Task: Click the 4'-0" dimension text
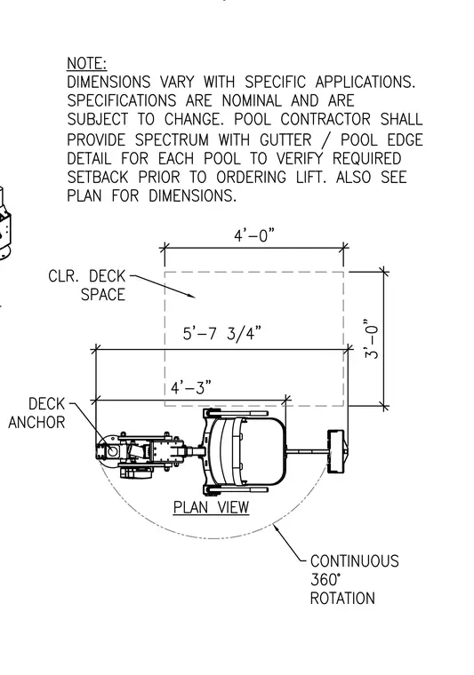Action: [254, 235]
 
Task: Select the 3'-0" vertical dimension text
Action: [372, 338]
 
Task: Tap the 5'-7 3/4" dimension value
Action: [222, 334]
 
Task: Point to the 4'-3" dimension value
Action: [191, 388]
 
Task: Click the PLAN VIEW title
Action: [211, 507]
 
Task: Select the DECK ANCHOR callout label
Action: [37, 413]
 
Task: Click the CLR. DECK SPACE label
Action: [87, 285]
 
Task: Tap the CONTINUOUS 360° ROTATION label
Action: [354, 580]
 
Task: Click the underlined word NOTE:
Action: [86, 63]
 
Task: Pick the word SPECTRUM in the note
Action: [172, 140]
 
